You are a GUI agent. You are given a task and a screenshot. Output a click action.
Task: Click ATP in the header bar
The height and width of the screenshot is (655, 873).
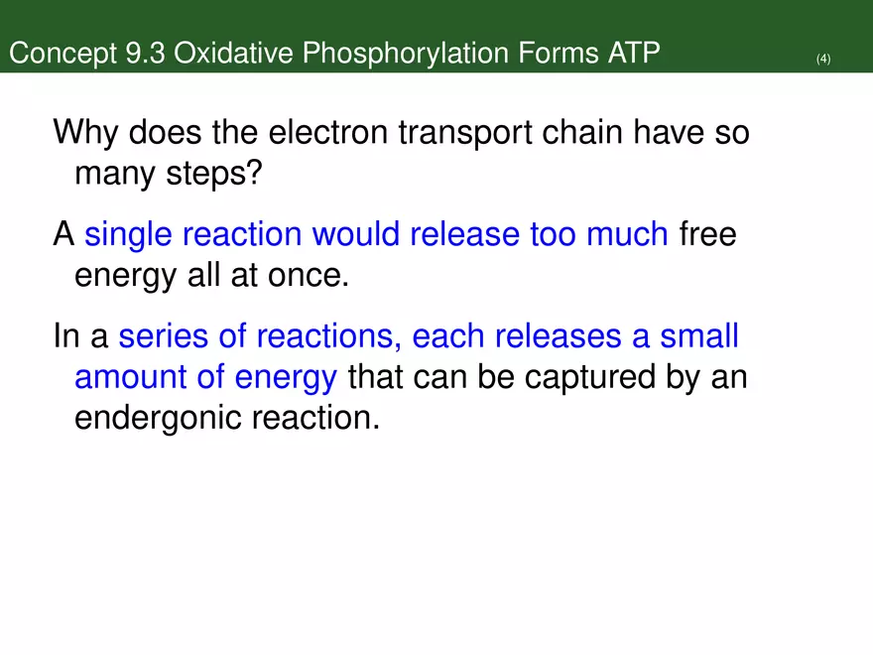pyautogui.click(x=632, y=53)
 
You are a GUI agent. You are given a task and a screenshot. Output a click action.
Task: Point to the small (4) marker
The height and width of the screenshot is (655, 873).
pyautogui.click(x=822, y=60)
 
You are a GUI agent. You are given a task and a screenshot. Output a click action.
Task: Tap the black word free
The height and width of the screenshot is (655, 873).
pyautogui.click(x=706, y=235)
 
